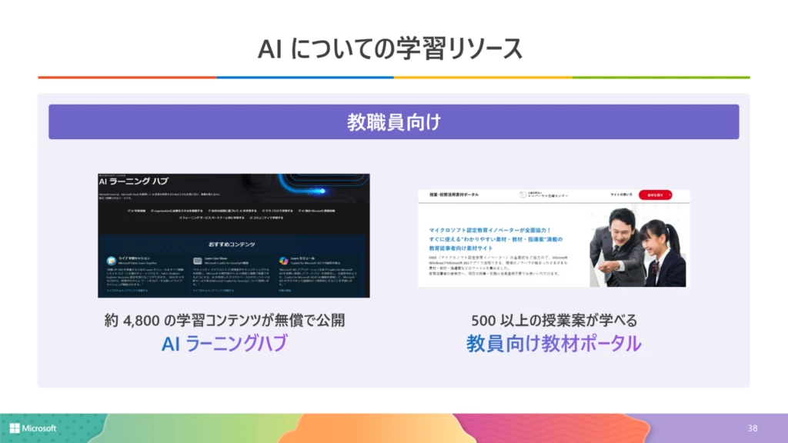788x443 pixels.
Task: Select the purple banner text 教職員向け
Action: click(393, 122)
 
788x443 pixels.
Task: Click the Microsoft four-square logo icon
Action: click(15, 428)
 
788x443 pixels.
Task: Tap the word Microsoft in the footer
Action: click(39, 428)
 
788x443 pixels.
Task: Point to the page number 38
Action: click(752, 428)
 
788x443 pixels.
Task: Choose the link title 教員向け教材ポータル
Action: click(553, 344)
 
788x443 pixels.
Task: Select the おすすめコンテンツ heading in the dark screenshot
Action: click(234, 241)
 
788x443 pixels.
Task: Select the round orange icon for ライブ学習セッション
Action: click(112, 260)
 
